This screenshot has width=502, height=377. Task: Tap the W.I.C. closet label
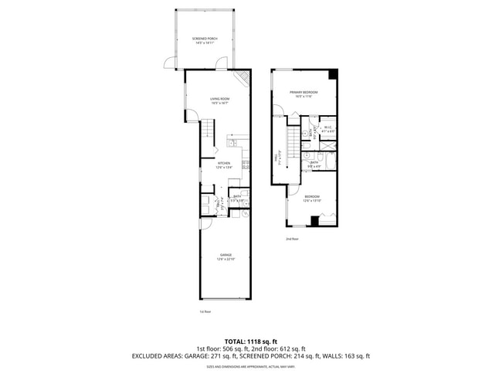pyautogui.click(x=327, y=129)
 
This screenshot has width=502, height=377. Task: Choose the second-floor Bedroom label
pyautogui.click(x=311, y=198)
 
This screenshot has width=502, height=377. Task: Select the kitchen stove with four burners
pyautogui.click(x=246, y=165)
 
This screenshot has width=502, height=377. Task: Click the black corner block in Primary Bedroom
pyautogui.click(x=332, y=74)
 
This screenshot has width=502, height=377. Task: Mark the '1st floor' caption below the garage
pyautogui.click(x=205, y=311)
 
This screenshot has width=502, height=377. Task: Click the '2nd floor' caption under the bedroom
pyautogui.click(x=292, y=239)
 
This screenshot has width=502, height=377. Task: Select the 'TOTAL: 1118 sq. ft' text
pyautogui.click(x=252, y=341)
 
